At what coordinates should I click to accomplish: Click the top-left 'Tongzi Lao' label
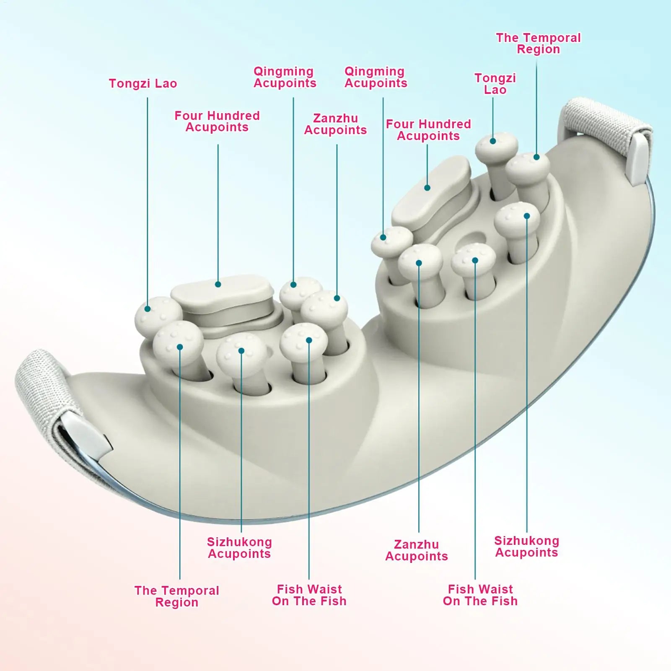pyautogui.click(x=143, y=84)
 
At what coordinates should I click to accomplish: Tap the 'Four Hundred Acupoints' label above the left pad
pyautogui.click(x=217, y=122)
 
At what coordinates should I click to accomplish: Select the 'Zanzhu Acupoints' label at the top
pyautogui.click(x=335, y=124)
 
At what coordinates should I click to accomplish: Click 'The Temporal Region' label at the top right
pyautogui.click(x=539, y=44)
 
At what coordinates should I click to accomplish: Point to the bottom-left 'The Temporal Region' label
pyautogui.click(x=177, y=596)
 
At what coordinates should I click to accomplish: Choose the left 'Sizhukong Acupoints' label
pyautogui.click(x=239, y=548)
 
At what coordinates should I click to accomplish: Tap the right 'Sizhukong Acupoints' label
pyautogui.click(x=527, y=547)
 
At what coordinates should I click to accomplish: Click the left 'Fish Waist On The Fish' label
pyautogui.click(x=309, y=595)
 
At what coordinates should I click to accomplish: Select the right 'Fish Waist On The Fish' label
pyautogui.click(x=480, y=595)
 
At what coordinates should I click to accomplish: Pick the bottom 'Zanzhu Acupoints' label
pyautogui.click(x=417, y=550)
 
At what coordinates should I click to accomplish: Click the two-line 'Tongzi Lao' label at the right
pyautogui.click(x=495, y=84)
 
